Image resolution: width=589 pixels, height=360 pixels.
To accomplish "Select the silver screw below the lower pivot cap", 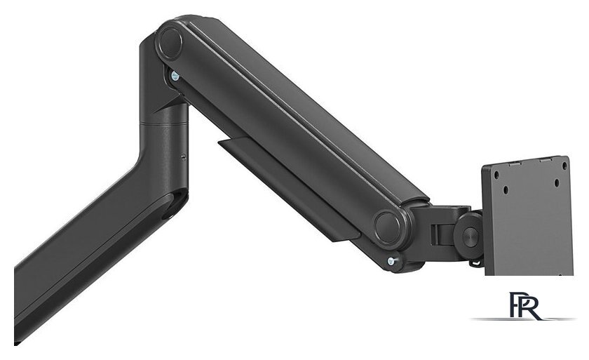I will [x=391, y=261].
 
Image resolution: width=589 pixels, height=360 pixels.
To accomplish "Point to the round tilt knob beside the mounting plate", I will [x=468, y=229].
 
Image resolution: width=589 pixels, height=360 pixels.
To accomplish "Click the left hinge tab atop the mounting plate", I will [x=510, y=161].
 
